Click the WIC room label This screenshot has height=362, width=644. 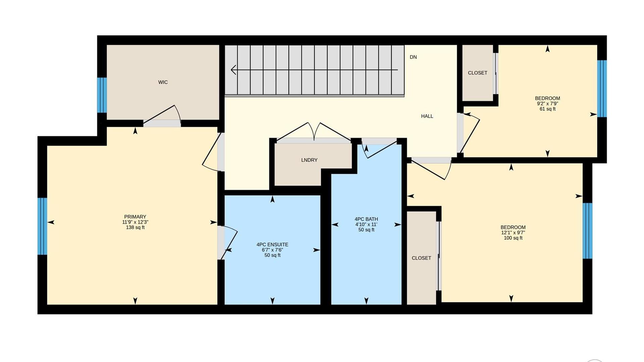click(163, 82)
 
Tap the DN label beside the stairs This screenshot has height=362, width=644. click(413, 57)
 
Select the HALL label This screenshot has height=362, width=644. click(427, 116)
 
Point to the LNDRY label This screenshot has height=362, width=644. click(309, 160)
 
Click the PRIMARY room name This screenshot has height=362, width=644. click(135, 217)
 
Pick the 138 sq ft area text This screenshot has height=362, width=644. click(135, 227)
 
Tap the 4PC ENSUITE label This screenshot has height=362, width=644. click(272, 244)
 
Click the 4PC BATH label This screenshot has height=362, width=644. click(366, 219)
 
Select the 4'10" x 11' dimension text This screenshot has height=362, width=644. click(366, 224)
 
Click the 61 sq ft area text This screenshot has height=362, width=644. click(547, 109)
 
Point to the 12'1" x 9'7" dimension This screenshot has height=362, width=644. click(513, 233)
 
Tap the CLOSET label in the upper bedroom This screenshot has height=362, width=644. click(478, 73)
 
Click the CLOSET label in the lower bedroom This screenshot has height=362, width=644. click(421, 258)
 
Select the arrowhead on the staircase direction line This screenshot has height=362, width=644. click(233, 70)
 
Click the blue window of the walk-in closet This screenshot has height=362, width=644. click(102, 95)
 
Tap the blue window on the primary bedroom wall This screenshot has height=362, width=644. click(42, 226)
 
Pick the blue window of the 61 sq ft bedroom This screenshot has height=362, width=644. click(602, 88)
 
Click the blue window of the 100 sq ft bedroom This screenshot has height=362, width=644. click(587, 231)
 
